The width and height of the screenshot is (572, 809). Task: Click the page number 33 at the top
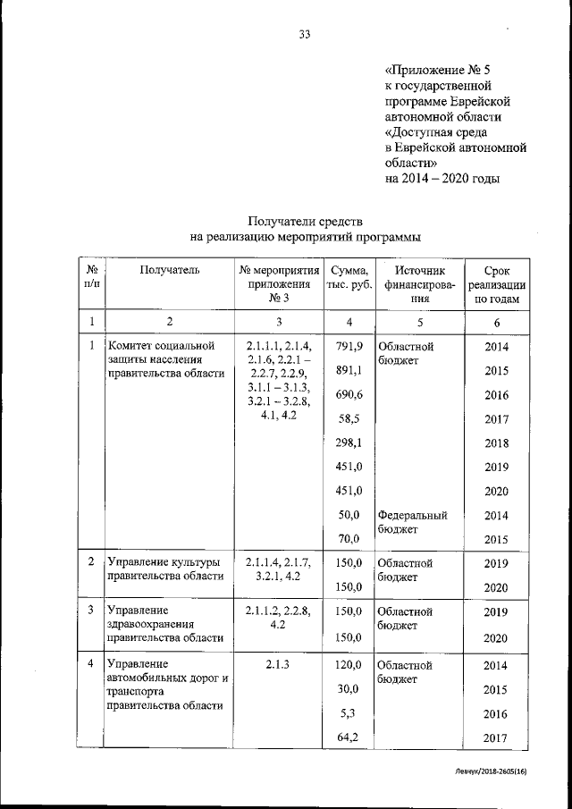[304, 35]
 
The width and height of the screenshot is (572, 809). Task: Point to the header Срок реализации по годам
[496, 284]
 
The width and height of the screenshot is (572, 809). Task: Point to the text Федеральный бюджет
[411, 522]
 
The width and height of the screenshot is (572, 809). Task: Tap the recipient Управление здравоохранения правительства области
[164, 626]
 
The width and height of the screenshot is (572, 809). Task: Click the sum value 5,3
[349, 713]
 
